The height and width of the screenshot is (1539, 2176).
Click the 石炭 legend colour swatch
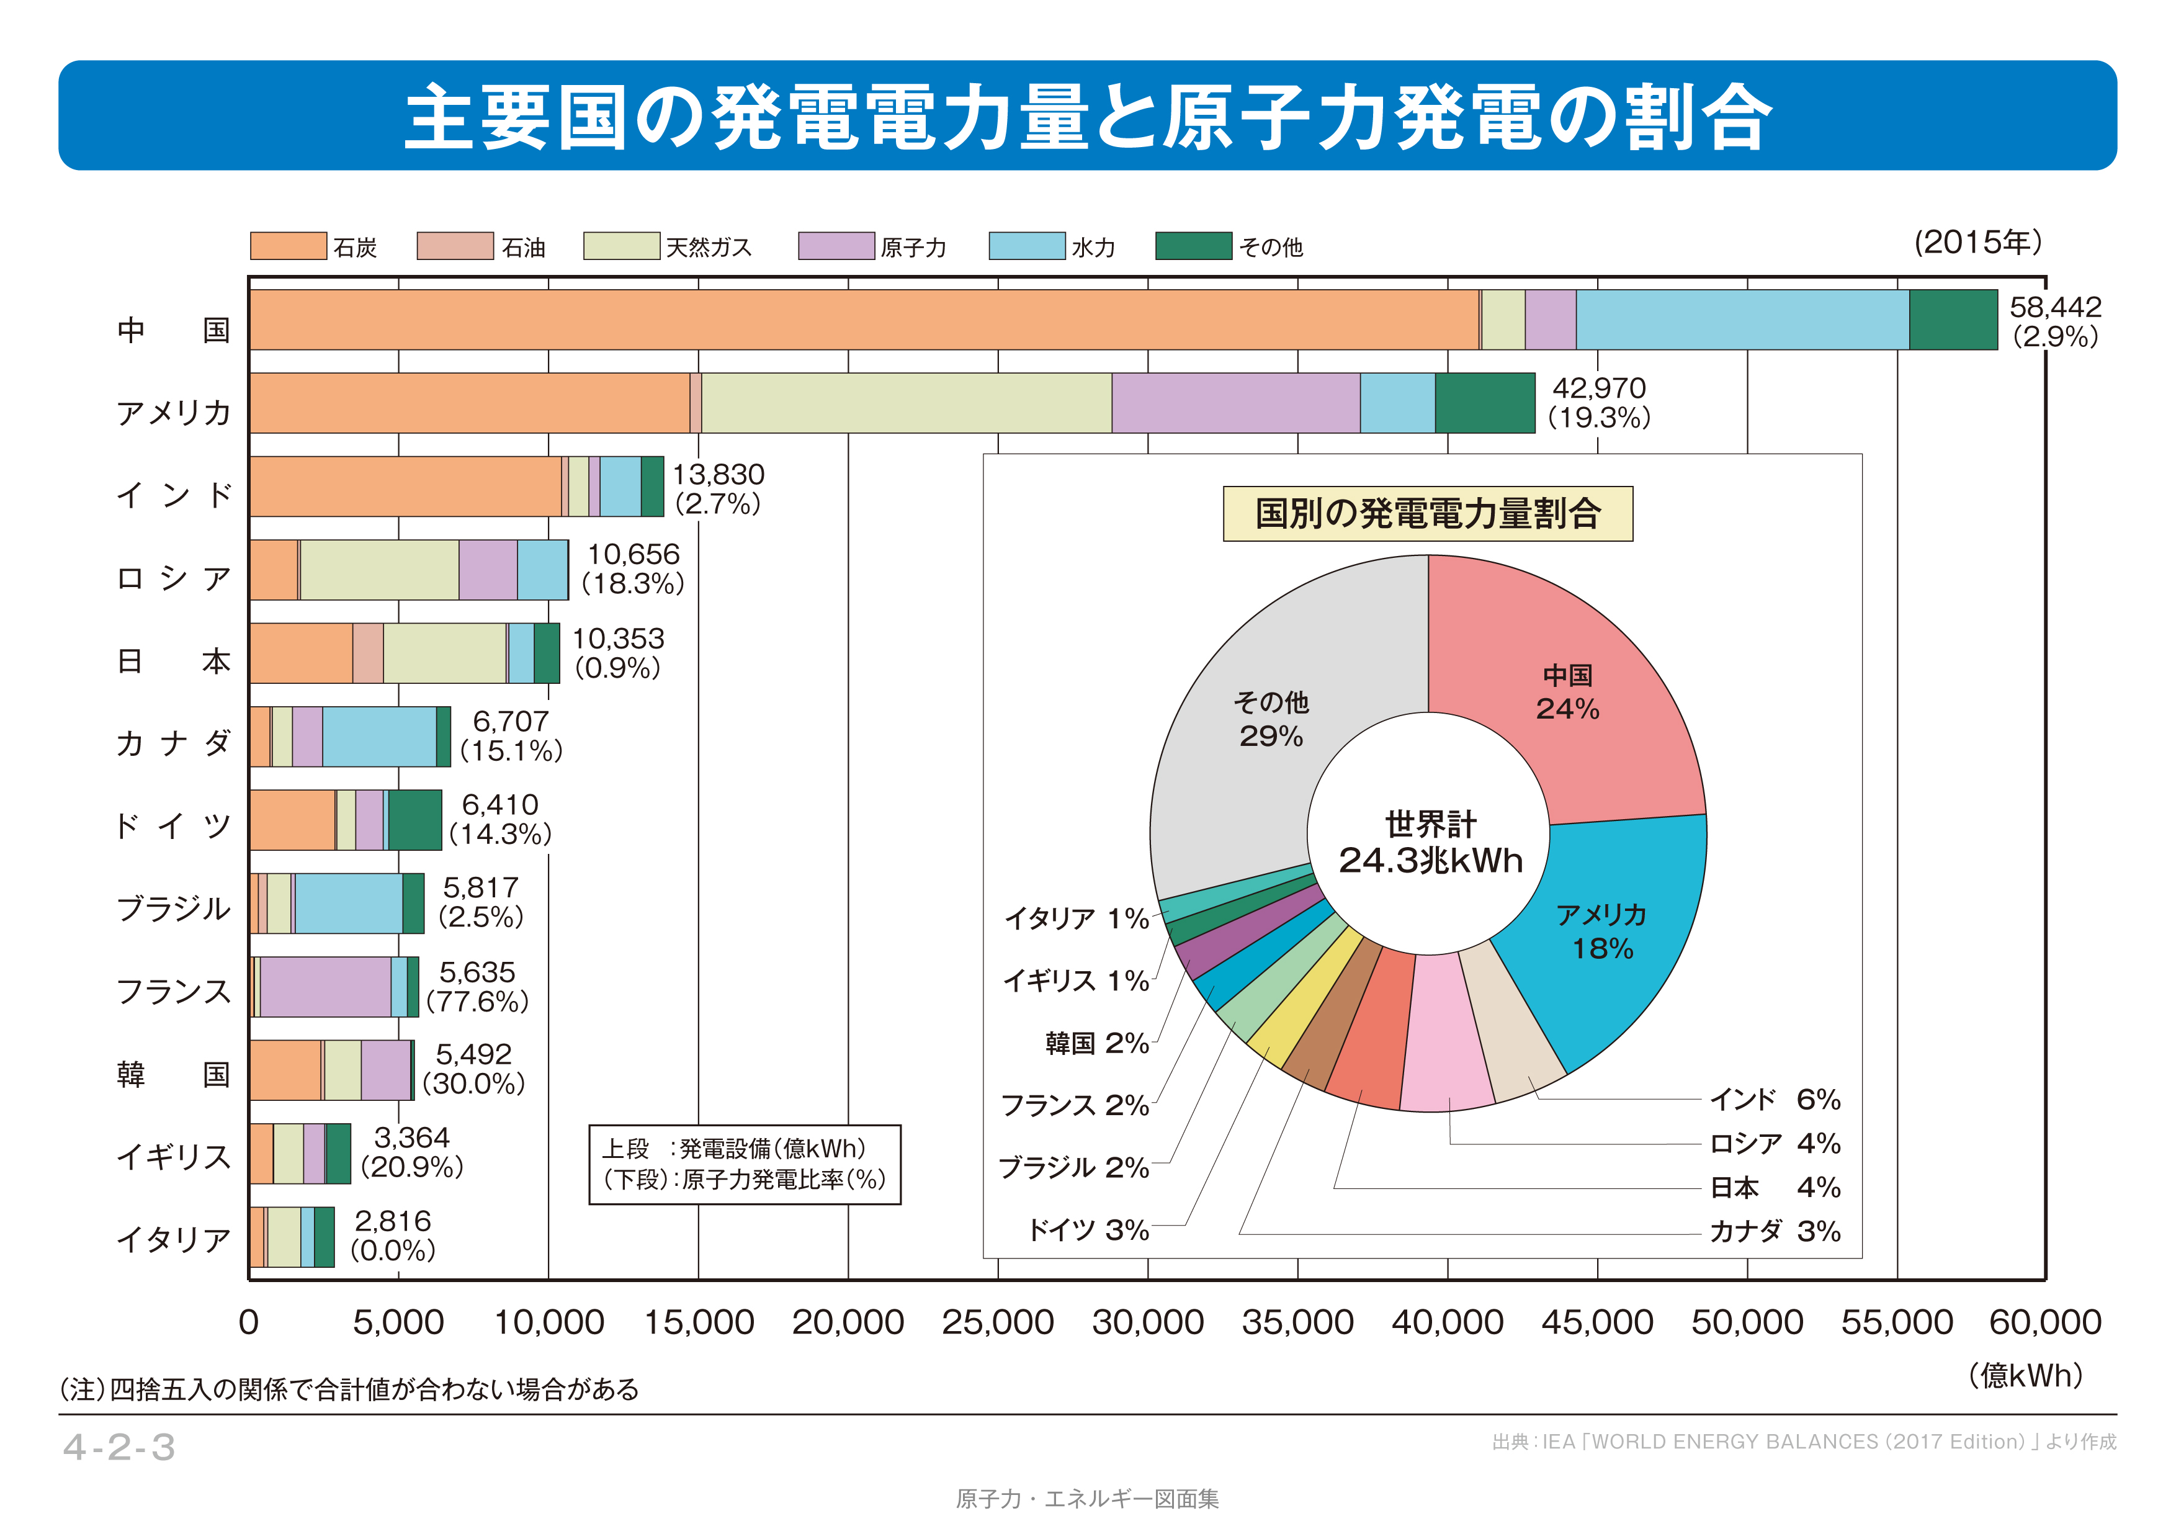[288, 246]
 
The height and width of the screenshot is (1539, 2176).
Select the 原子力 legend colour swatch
[836, 246]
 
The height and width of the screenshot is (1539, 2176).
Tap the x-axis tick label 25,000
[997, 1322]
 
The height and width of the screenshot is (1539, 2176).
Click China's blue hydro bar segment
[1742, 320]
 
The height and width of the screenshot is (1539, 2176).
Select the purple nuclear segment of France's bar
[325, 987]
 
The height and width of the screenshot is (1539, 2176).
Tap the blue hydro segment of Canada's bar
[379, 737]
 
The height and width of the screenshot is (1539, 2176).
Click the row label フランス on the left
[174, 991]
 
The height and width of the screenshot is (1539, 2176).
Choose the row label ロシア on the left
[174, 577]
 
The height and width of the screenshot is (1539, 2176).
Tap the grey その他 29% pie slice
[1270, 720]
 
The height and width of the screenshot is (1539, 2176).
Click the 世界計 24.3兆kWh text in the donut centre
[1430, 843]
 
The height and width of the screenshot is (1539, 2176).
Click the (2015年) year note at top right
[1978, 243]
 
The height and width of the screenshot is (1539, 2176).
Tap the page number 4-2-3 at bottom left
[119, 1447]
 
